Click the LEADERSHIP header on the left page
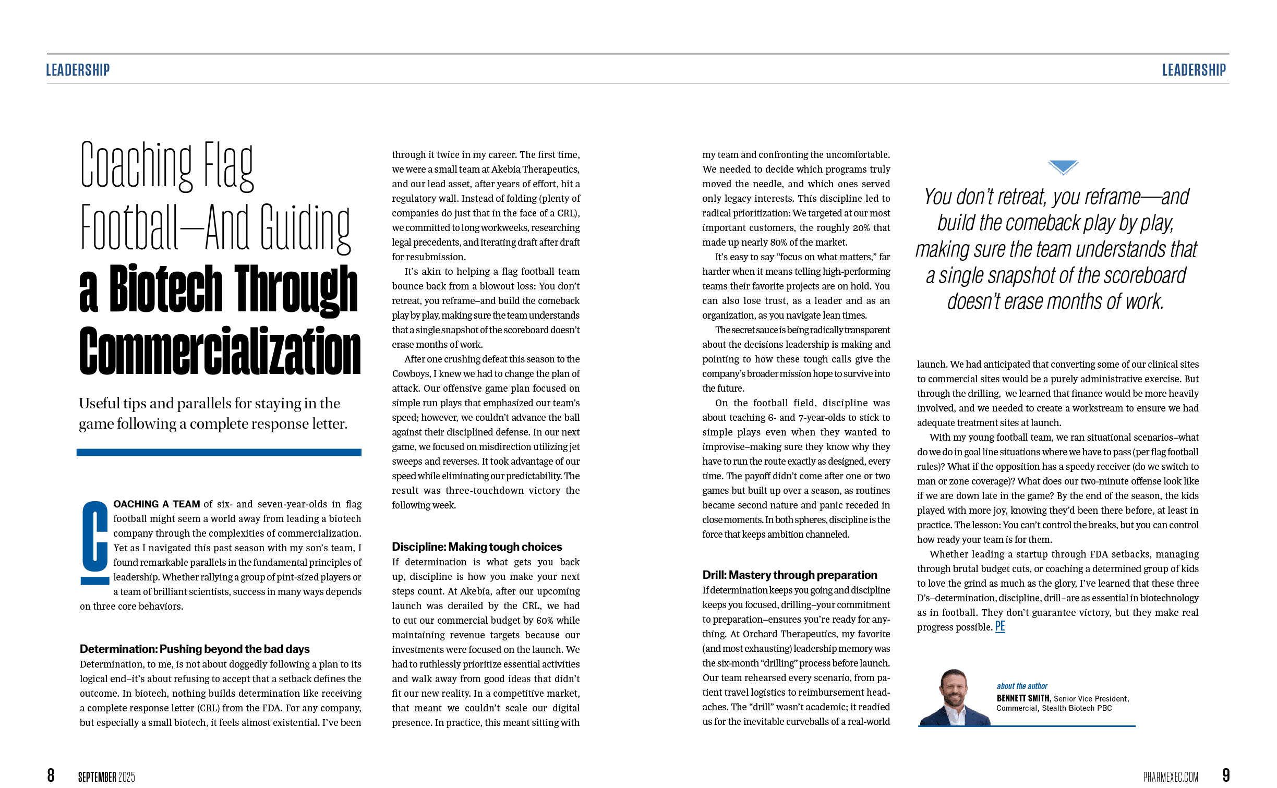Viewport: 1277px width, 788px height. click(78, 70)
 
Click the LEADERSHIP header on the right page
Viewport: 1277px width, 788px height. click(1194, 70)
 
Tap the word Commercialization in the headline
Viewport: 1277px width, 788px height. click(220, 350)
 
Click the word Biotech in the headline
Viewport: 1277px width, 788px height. click(165, 288)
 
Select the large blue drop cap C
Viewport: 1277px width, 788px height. click(94, 542)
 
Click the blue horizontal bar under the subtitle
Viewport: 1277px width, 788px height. click(219, 452)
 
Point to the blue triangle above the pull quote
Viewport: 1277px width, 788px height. click(1063, 167)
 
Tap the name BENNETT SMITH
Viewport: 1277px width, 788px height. click(1023, 698)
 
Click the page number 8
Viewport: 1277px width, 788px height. click(51, 775)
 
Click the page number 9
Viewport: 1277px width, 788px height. click(1226, 775)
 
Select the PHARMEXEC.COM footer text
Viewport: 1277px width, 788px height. click(1171, 777)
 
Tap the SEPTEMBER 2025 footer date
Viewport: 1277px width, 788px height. click(106, 777)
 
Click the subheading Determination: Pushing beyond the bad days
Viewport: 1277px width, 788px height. click(195, 649)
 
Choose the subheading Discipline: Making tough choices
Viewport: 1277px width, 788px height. click(477, 547)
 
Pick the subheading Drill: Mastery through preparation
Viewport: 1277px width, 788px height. click(790, 575)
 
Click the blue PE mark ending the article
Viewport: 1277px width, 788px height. click(999, 626)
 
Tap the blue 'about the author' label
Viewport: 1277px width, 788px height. click(1022, 686)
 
